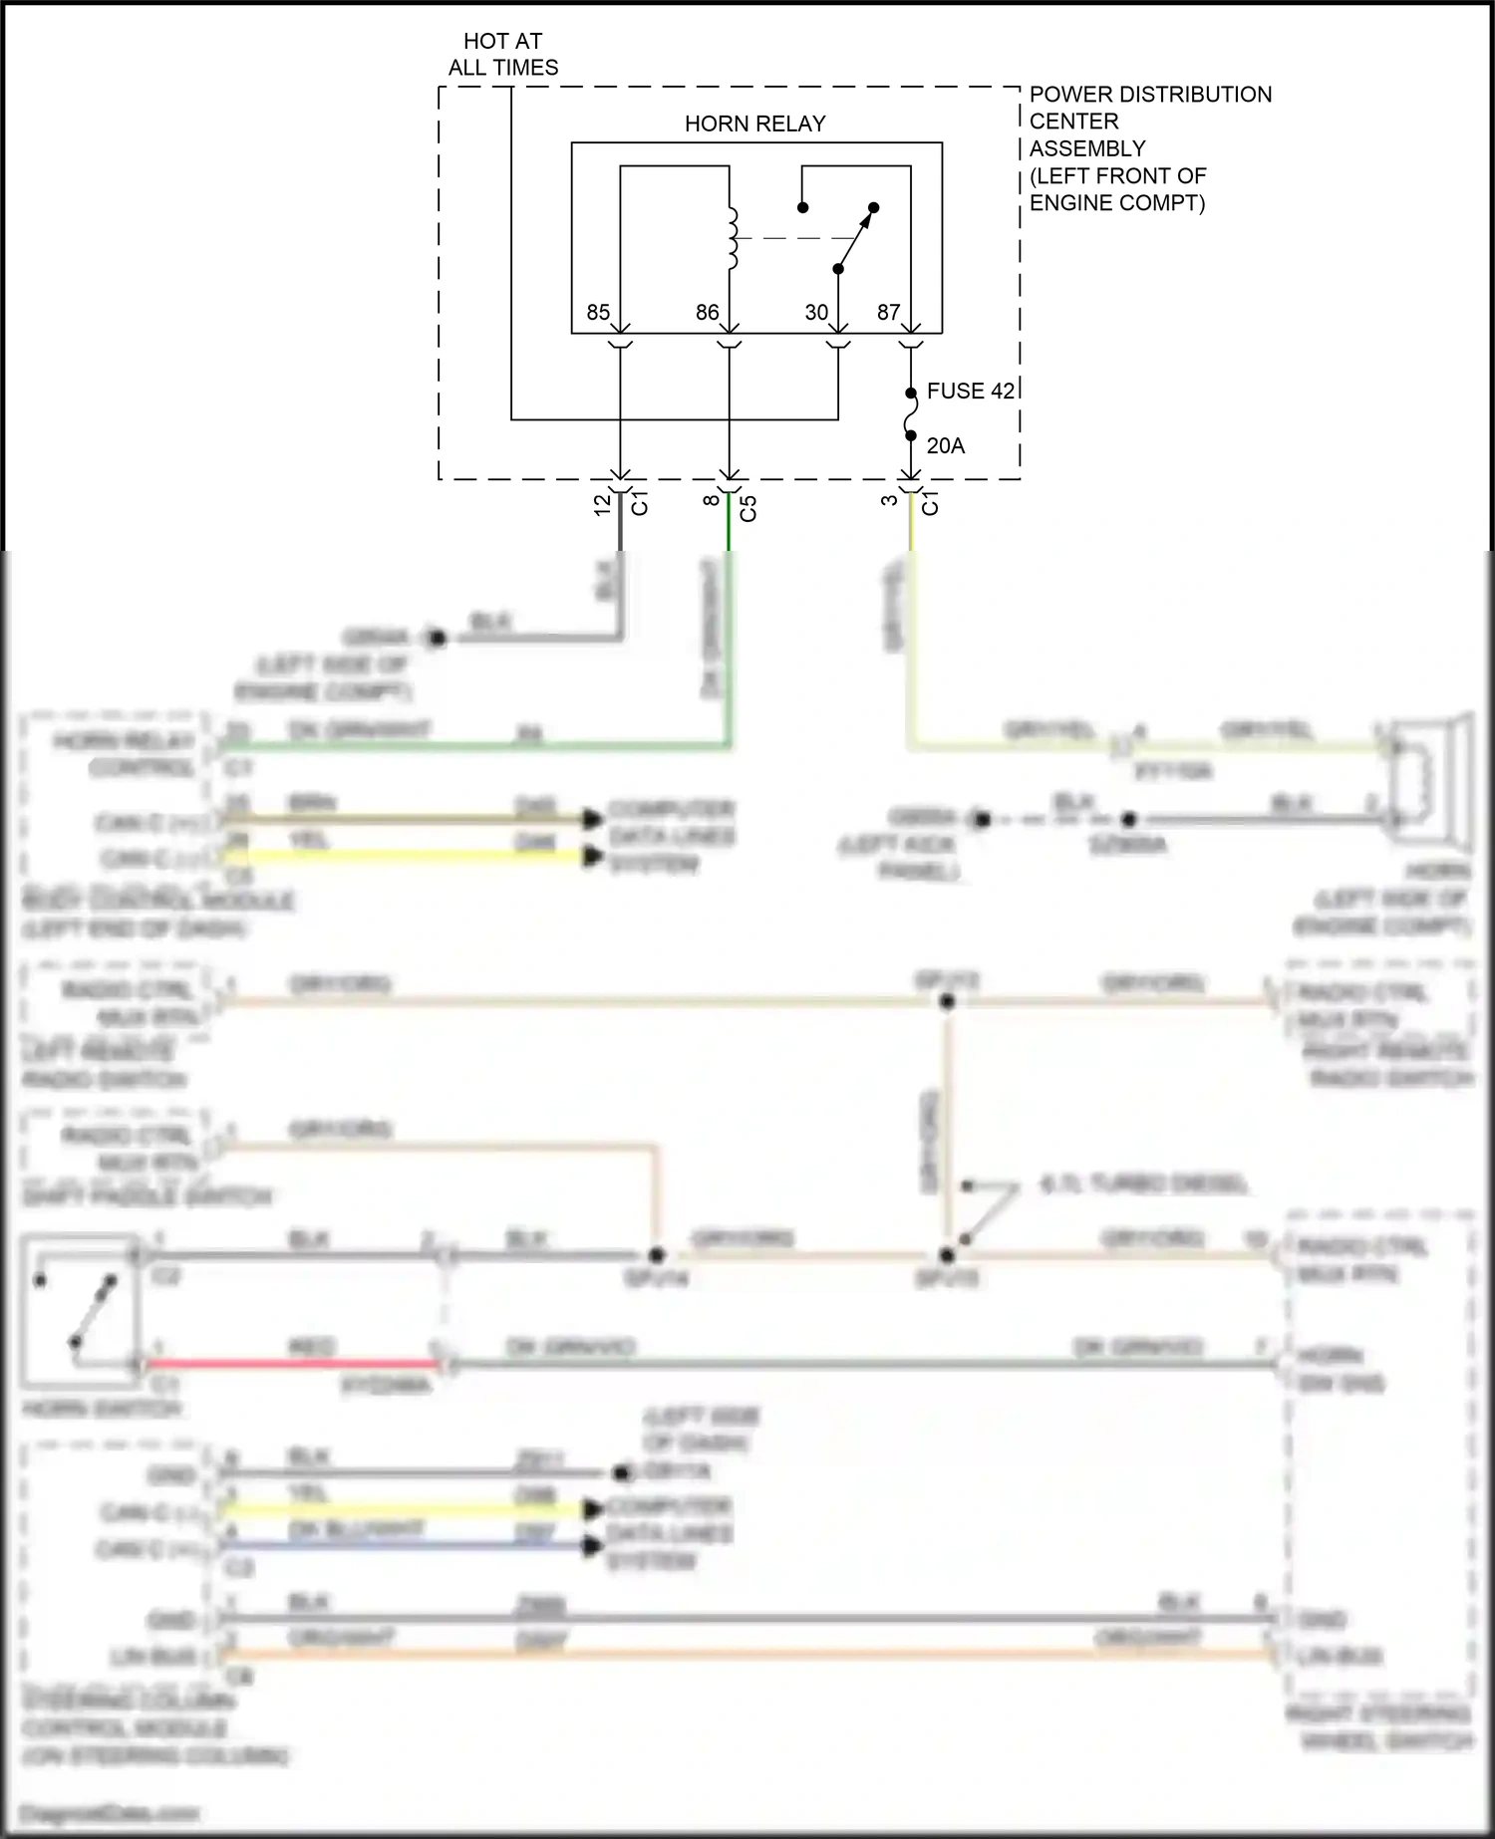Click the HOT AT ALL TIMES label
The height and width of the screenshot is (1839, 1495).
(502, 55)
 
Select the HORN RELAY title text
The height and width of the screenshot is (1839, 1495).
(754, 124)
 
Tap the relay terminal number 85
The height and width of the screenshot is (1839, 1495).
(598, 313)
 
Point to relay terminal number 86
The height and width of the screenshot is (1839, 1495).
(707, 313)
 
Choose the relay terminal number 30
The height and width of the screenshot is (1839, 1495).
(816, 313)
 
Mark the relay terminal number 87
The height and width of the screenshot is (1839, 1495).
(888, 313)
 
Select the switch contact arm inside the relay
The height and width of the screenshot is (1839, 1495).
(855, 239)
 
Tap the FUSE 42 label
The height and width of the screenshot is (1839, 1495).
(970, 392)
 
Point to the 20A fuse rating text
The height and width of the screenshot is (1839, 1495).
(946, 446)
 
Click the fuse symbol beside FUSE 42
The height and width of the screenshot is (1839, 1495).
(911, 414)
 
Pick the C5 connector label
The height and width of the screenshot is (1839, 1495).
(748, 508)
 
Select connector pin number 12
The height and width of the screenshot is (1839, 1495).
(602, 505)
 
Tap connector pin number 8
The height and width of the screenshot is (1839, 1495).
(711, 501)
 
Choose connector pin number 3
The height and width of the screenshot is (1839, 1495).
(889, 500)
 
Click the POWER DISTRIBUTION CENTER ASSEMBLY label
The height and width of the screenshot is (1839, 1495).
(1149, 148)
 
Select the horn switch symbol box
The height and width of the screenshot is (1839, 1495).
(80, 1311)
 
